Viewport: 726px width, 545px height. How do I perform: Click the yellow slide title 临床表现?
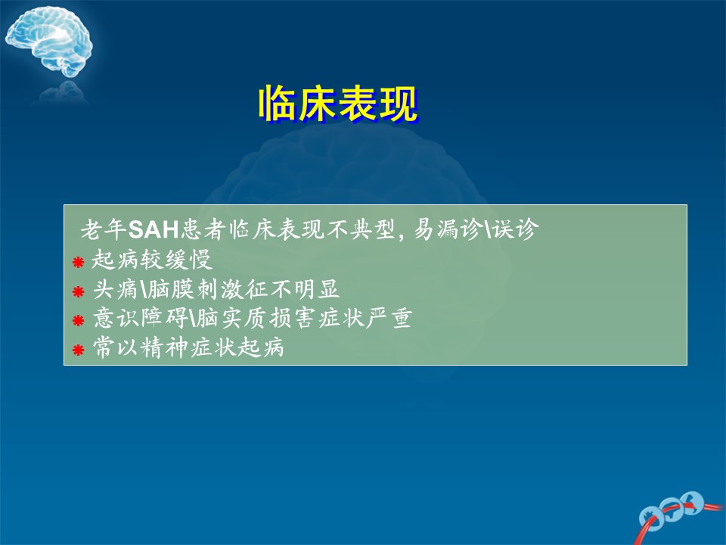click(x=339, y=104)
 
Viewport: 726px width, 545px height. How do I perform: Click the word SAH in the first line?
click(x=154, y=229)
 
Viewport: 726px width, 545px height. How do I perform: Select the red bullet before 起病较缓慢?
click(x=78, y=263)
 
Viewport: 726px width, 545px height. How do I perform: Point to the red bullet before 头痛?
click(x=78, y=291)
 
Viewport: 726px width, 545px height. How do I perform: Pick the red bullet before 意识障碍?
click(x=78, y=320)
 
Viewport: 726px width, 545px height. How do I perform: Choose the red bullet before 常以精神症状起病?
click(x=78, y=350)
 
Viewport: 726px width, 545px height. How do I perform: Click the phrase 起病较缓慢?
click(x=152, y=260)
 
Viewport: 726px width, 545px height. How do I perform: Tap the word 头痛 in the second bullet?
click(x=116, y=289)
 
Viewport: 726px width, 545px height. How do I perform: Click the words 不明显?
click(x=305, y=289)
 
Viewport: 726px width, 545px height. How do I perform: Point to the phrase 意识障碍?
click(x=141, y=319)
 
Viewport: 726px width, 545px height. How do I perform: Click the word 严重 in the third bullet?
click(x=389, y=319)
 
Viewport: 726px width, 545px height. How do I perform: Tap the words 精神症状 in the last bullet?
click(x=188, y=347)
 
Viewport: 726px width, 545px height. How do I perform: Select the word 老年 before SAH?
click(x=104, y=229)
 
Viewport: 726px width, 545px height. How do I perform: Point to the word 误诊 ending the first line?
click(x=515, y=229)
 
